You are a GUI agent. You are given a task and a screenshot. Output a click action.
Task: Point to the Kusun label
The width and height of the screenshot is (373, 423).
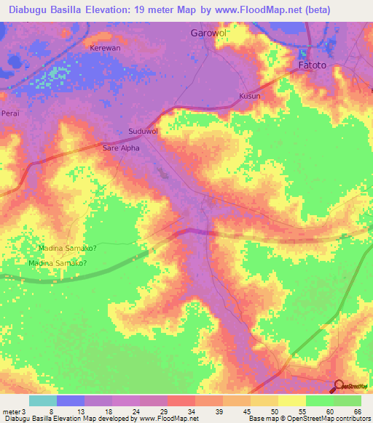tap(249, 96)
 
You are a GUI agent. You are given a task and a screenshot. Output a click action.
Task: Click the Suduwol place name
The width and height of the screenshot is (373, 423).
tap(143, 132)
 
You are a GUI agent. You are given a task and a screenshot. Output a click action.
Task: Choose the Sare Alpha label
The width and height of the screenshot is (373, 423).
tap(121, 148)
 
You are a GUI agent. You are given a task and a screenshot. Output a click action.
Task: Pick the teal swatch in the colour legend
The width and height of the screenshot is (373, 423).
tap(42, 400)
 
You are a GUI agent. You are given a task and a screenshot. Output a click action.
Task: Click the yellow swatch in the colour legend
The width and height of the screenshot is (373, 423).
tap(291, 400)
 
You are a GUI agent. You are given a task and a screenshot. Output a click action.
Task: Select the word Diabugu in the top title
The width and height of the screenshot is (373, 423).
tap(28, 10)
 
